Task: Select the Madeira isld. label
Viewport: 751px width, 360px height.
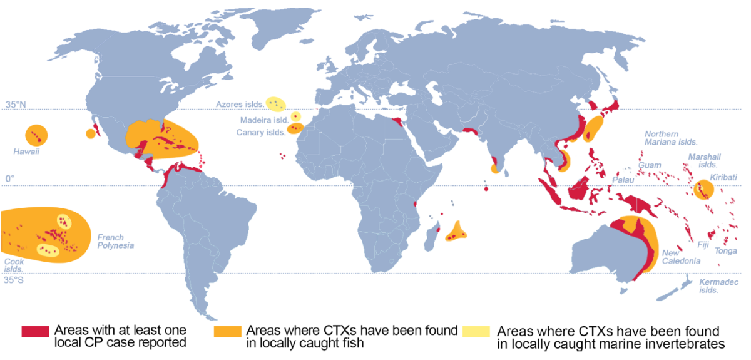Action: [x=263, y=120]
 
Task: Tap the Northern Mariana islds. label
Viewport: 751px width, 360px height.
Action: [x=670, y=138]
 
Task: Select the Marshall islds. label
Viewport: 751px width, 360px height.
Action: [x=702, y=160]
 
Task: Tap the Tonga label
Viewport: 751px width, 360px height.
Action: [x=726, y=250]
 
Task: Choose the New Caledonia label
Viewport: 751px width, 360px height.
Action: [x=682, y=257]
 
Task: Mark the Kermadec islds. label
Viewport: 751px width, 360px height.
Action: [x=715, y=286]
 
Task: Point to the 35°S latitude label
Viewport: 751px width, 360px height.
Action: [x=14, y=280]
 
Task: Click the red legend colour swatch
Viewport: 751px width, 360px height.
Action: [x=35, y=332]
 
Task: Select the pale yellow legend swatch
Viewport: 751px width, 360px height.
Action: [x=476, y=332]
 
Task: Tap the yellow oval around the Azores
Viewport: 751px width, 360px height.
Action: [x=275, y=103]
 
